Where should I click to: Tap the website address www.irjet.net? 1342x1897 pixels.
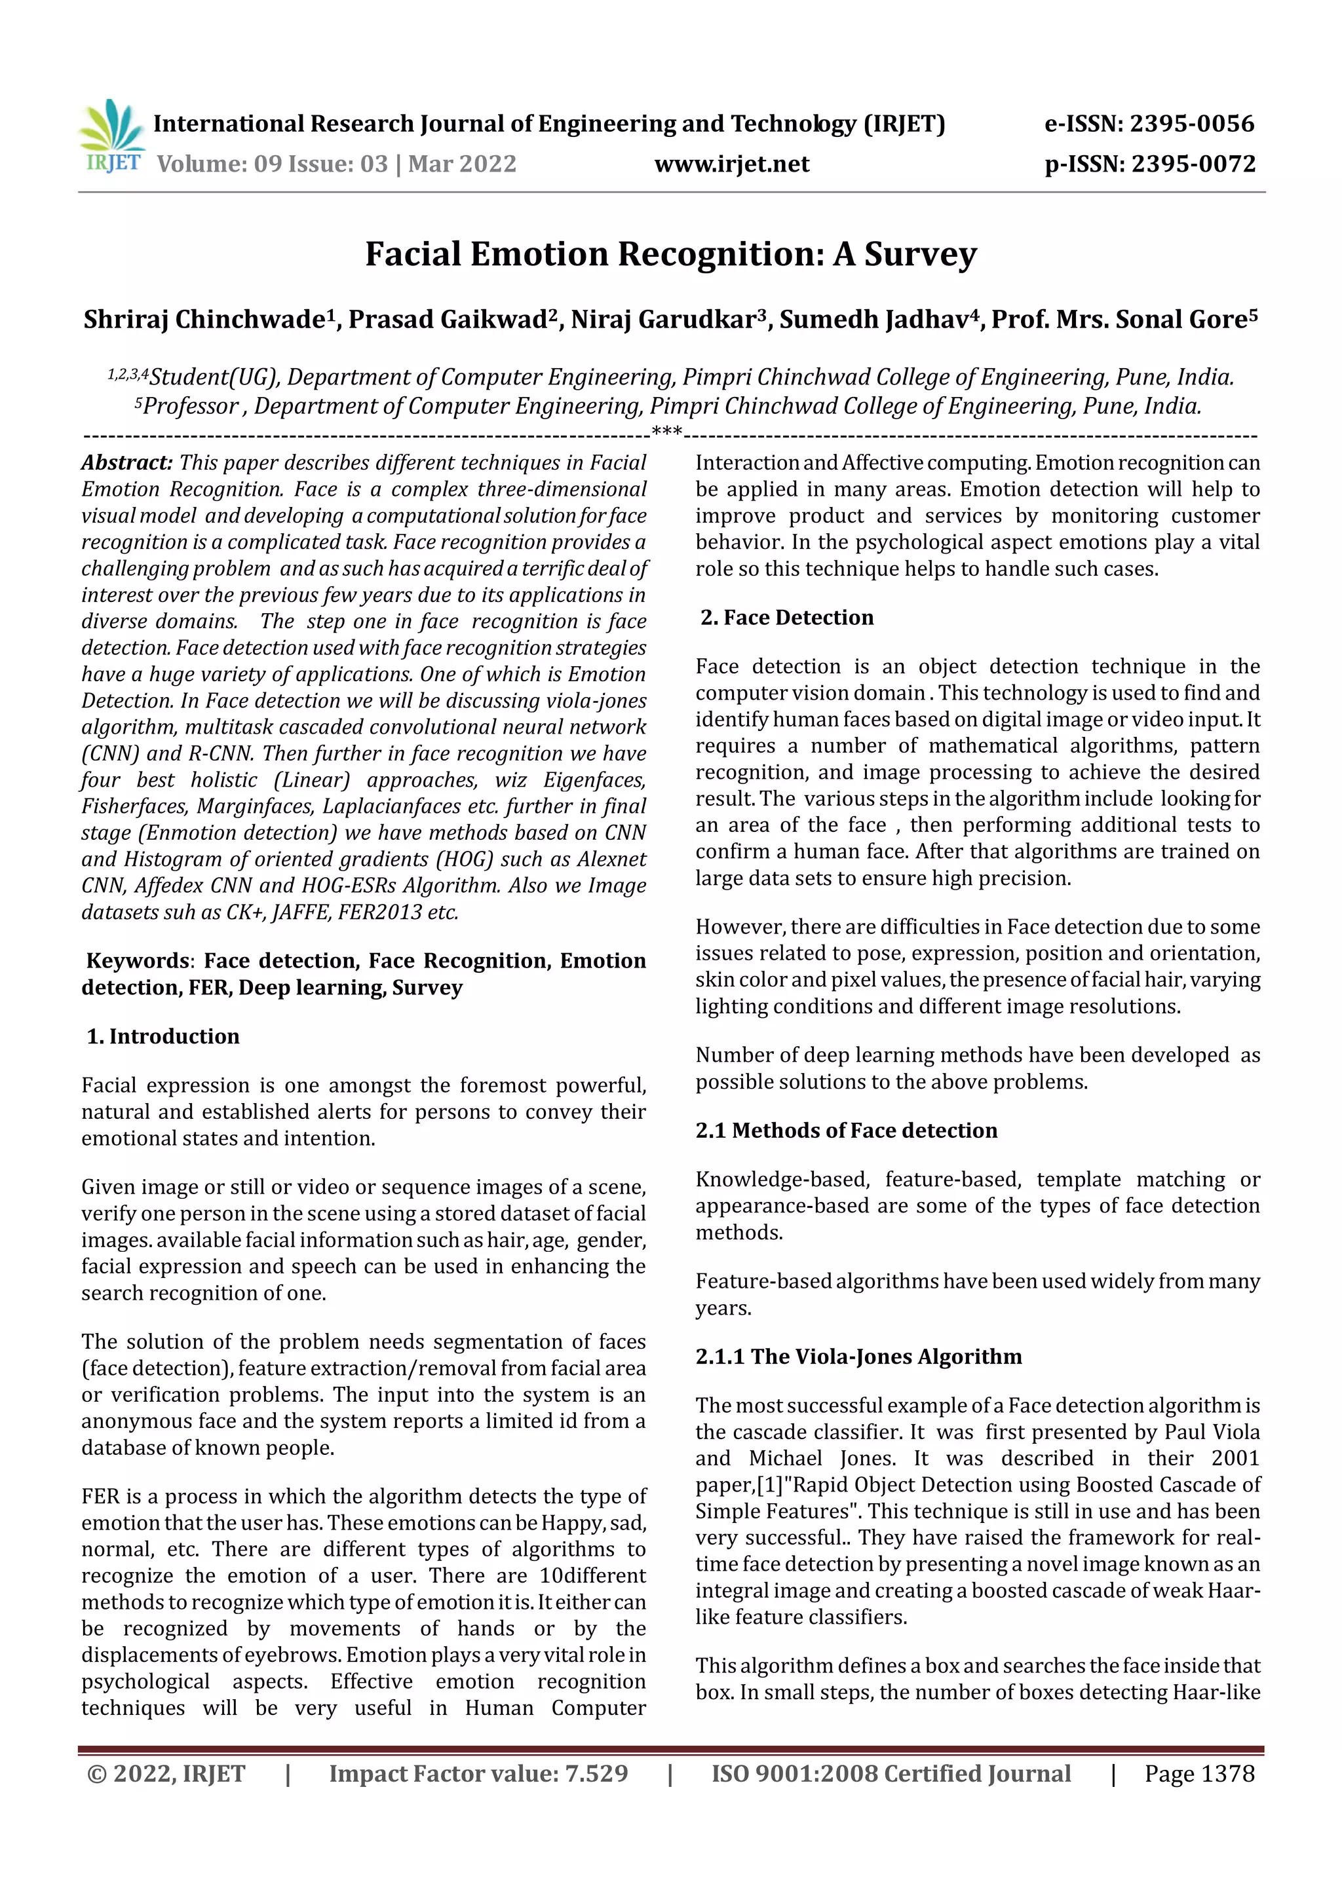pos(731,164)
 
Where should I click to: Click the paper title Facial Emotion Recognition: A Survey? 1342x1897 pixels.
pos(671,254)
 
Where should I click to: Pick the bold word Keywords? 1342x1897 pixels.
pos(137,961)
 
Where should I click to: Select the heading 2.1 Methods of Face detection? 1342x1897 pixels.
pos(846,1130)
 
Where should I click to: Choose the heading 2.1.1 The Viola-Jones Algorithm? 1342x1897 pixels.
pos(858,1357)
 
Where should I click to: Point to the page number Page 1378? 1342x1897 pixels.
pos(1198,1774)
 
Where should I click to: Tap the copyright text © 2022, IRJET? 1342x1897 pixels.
pos(166,1774)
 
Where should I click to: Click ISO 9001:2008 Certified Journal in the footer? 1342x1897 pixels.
pos(891,1774)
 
